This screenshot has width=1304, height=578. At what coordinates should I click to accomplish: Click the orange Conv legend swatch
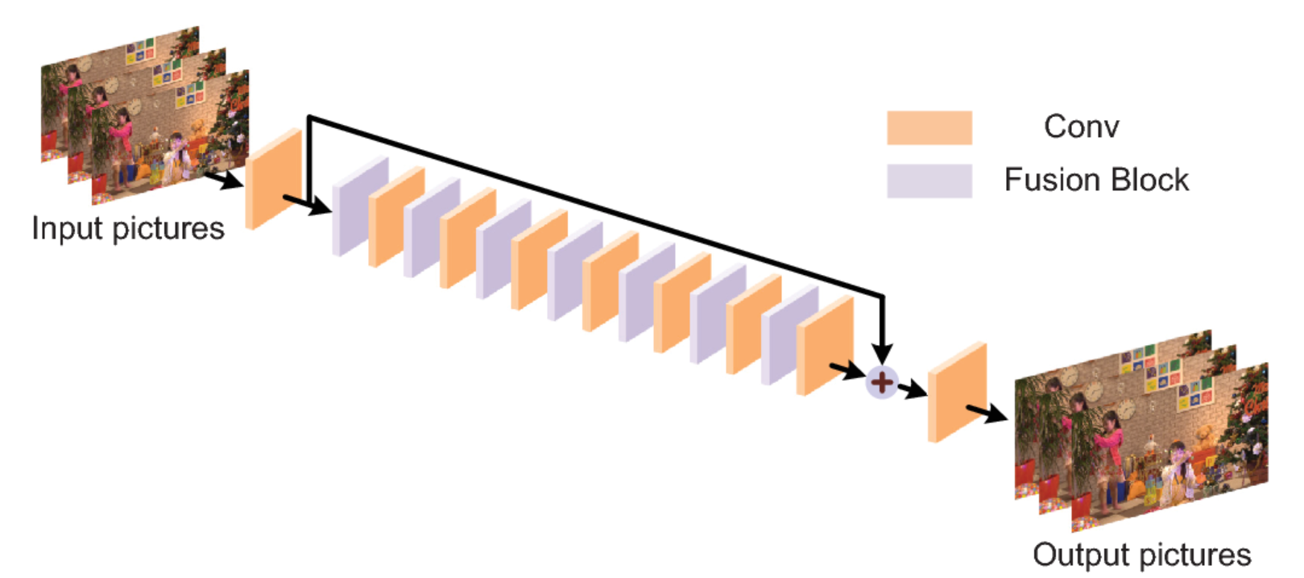929,127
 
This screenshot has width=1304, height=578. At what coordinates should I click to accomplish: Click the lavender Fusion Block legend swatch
929,181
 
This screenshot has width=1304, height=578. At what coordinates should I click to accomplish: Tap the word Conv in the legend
1081,127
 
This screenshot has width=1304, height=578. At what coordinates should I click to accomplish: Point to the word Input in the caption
67,229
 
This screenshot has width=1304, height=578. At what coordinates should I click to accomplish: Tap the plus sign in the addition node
882,382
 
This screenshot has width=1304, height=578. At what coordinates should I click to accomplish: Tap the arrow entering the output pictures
987,414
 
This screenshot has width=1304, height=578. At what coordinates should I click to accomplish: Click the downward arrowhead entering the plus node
883,353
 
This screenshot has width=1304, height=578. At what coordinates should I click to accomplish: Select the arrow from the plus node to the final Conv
913,391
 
